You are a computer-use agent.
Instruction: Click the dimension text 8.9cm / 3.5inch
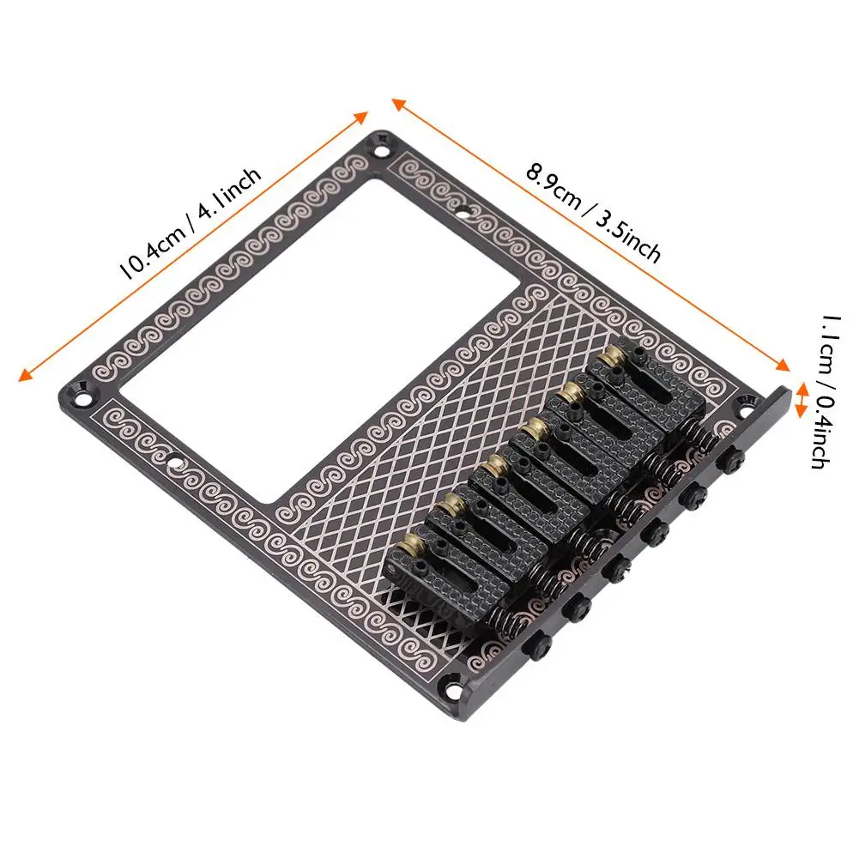(593, 212)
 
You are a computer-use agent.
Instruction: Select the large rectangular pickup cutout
(319, 340)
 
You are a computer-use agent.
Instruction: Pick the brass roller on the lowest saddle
(410, 545)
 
